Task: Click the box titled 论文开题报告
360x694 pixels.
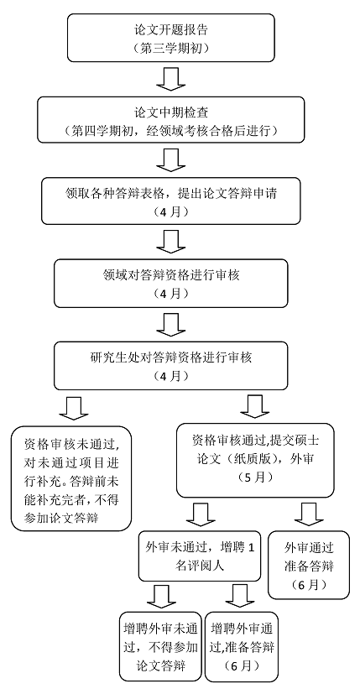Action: coord(170,38)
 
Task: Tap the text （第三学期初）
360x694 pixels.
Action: coord(171,47)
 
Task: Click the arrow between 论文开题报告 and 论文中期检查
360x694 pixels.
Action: coord(170,79)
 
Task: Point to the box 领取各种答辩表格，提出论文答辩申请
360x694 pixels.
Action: coord(171,201)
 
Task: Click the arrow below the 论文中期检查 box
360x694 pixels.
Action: coord(170,159)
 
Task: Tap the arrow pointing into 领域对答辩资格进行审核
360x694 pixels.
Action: coord(170,242)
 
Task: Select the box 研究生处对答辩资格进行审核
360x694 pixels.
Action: coord(170,366)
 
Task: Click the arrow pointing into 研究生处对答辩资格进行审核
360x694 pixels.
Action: coord(170,325)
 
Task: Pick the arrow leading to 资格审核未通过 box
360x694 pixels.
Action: coord(74,408)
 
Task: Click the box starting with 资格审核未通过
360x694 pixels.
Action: coord(71,478)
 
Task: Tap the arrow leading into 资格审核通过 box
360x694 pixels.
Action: coord(254,407)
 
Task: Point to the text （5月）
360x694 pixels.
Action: coord(255,478)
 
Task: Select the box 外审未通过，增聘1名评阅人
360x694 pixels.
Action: coord(199,556)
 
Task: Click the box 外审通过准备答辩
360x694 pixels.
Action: coord(309,566)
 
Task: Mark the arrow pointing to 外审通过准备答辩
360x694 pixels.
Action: coord(308,514)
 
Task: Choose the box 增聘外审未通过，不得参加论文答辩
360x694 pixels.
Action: coord(161,646)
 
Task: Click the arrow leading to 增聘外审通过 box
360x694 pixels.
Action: coord(239,596)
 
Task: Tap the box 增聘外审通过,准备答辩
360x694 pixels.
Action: coord(242,646)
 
